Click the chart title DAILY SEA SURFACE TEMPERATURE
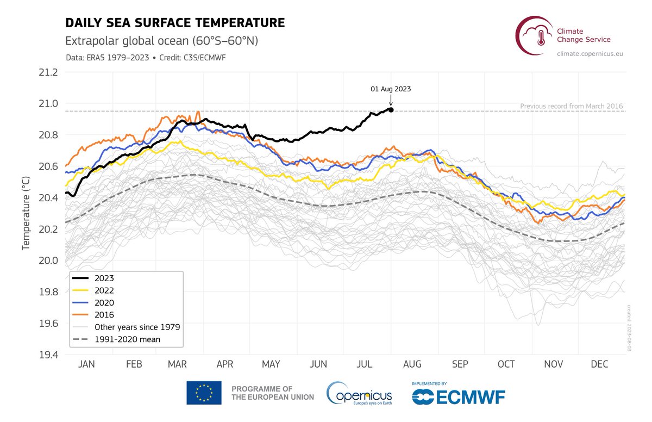coord(175,23)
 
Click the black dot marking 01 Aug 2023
coord(391,110)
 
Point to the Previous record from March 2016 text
coord(571,106)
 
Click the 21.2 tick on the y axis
coord(47,72)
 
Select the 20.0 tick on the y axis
coord(47,260)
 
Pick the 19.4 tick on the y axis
coord(47,355)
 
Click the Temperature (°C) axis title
coord(26,213)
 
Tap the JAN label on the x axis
coord(86,365)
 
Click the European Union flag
coord(204,393)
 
